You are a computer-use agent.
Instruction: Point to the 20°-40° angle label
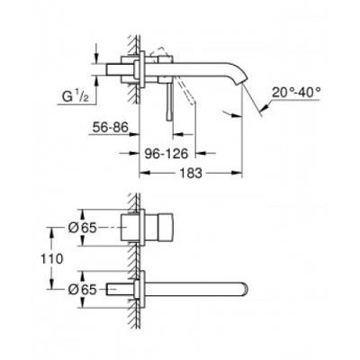(298, 91)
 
